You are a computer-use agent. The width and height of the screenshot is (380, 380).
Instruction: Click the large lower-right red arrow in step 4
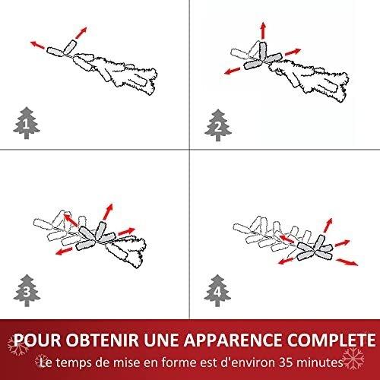[x=349, y=262]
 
